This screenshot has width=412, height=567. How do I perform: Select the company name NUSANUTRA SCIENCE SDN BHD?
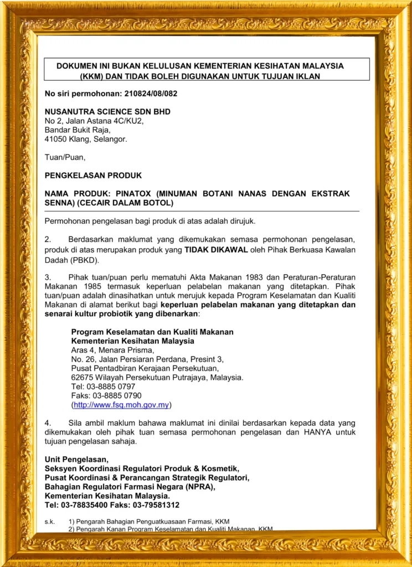point(107,112)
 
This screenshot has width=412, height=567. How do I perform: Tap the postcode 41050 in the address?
point(55,139)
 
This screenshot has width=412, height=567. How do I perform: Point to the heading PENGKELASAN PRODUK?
point(93,176)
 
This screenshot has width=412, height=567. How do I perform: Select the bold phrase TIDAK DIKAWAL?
point(216,250)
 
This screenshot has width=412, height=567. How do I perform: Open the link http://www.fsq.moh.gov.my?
point(121,405)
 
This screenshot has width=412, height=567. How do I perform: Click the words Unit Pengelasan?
point(76,460)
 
